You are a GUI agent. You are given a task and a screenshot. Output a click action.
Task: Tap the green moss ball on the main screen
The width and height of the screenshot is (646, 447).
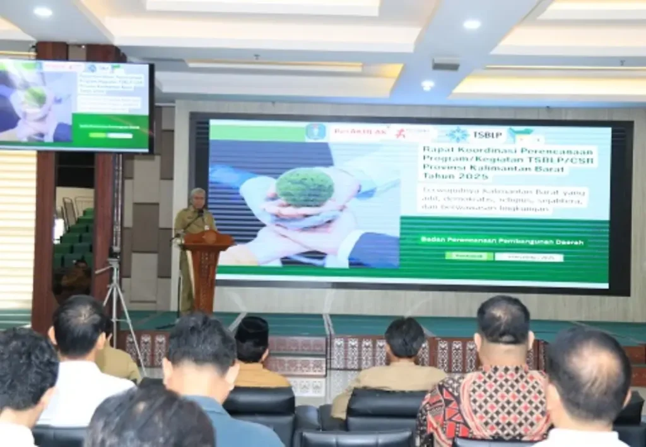pos(305,187)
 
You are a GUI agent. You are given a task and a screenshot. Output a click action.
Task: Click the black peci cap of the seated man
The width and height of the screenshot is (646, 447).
pos(252,330)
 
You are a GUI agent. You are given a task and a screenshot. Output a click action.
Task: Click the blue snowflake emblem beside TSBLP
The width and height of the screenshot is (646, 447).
pos(457,134)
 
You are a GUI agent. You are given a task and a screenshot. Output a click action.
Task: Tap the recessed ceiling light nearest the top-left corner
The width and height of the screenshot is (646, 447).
pos(43,11)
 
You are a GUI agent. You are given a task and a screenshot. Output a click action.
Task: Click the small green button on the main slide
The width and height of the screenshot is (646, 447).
pos(469,256)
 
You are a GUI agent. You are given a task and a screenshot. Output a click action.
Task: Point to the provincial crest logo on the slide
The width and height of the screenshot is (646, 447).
pos(315,132)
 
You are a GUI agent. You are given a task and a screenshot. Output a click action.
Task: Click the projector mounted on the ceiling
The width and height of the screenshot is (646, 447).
pos(447,64)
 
